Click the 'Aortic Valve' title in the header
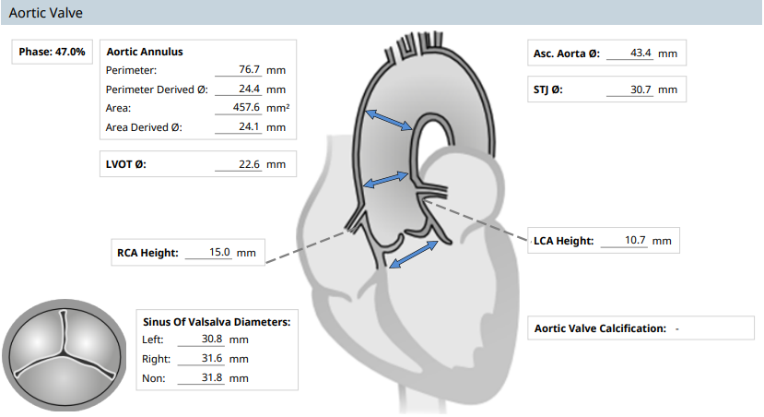[46, 13]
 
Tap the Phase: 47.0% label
[53, 52]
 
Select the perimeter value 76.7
[249, 70]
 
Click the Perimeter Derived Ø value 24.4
[249, 89]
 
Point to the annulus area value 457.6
[246, 107]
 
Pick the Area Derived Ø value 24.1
[249, 126]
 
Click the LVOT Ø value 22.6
[249, 164]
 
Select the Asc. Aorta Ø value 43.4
[641, 53]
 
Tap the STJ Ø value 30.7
[641, 89]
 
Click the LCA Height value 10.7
[635, 240]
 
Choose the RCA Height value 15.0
[219, 252]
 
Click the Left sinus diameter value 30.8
[212, 339]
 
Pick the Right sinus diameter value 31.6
[212, 359]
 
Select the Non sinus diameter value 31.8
[212, 377]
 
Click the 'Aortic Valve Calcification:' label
[600, 328]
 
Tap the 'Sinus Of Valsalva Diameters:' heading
[217, 322]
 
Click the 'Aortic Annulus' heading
[145, 52]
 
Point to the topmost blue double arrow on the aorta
[389, 120]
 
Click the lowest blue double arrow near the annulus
[414, 255]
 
